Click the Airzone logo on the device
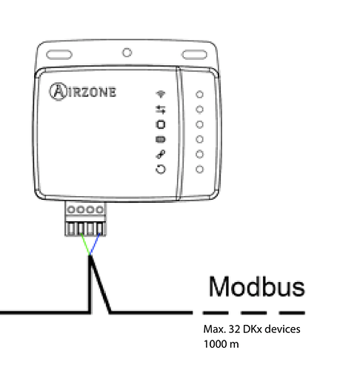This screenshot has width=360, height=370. [x=83, y=92]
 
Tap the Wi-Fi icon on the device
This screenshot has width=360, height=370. [x=161, y=94]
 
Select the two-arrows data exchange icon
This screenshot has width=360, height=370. [x=161, y=110]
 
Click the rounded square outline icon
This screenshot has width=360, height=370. [x=161, y=124]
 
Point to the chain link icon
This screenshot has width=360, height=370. [x=161, y=154]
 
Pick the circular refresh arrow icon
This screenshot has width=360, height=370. [x=161, y=169]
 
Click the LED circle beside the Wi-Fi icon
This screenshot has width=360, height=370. [x=199, y=94]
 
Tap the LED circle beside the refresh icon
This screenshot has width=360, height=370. [x=199, y=169]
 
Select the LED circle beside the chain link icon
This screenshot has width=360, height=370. [x=199, y=154]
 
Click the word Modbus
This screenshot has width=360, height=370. [x=257, y=286]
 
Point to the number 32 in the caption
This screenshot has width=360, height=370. [x=234, y=329]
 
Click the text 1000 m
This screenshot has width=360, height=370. [x=221, y=344]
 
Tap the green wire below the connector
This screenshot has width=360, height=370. [x=85, y=244]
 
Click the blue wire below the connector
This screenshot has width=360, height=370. [x=95, y=243]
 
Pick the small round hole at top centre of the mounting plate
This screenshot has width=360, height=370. [x=127, y=53]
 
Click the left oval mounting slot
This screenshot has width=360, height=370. [x=59, y=55]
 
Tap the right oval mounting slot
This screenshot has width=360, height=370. [x=195, y=55]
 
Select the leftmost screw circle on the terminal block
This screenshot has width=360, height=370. [x=71, y=209]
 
